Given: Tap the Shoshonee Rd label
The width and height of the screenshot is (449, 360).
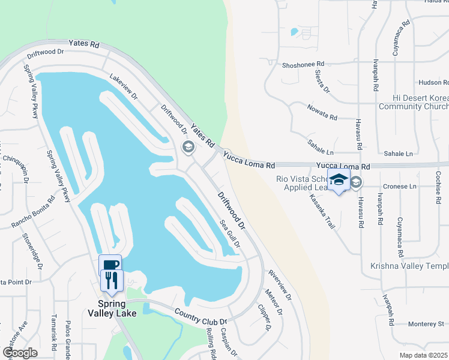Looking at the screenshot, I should pos(303,64).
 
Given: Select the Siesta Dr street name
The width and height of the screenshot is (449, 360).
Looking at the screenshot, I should pos(322,81).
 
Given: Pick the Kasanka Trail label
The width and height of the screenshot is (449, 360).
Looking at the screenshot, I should pos(321,211).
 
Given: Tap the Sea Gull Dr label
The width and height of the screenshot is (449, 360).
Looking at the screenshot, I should pos(231,234).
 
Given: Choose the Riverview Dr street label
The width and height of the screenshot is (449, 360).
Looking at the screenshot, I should pos(280,285).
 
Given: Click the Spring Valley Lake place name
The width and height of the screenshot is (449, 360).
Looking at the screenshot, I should pos(112,308).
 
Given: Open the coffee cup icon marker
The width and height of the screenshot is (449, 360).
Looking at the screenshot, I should pos(110,265).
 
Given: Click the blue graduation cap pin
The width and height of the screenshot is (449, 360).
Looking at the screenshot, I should pos(339,179).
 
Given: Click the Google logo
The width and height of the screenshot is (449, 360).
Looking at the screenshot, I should pos(20,353).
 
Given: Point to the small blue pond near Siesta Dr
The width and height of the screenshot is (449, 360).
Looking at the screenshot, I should pos(294,31).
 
